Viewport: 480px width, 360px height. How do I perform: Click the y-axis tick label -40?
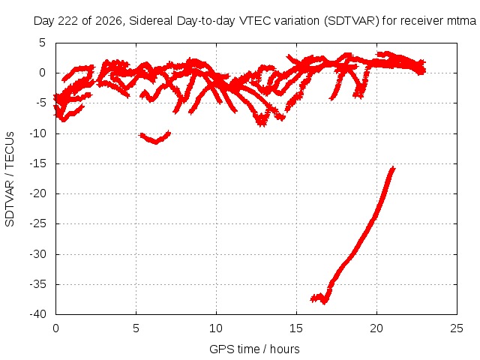click(37, 314)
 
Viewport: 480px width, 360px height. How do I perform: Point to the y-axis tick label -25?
click(37, 223)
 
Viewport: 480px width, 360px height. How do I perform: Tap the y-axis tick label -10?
click(37, 133)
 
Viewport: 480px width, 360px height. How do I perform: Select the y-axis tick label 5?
click(42, 43)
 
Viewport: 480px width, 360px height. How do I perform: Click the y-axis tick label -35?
click(37, 284)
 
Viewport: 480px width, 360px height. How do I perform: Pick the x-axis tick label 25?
click(457, 328)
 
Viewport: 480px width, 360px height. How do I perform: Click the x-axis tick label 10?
click(216, 328)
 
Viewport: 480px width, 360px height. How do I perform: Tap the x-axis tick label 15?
click(296, 328)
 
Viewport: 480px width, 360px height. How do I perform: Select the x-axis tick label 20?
click(376, 328)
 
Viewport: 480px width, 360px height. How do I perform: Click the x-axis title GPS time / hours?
click(254, 349)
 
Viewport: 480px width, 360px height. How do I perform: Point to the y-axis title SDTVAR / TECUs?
click(10, 179)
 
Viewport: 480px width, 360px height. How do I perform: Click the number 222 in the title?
click(68, 21)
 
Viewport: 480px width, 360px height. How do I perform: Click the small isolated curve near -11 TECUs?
click(154, 138)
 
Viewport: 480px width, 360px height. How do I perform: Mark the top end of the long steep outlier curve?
click(393, 168)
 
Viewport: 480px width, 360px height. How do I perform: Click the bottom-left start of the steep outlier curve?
click(312, 298)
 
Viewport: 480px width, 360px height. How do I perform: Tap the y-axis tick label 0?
click(42, 73)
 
